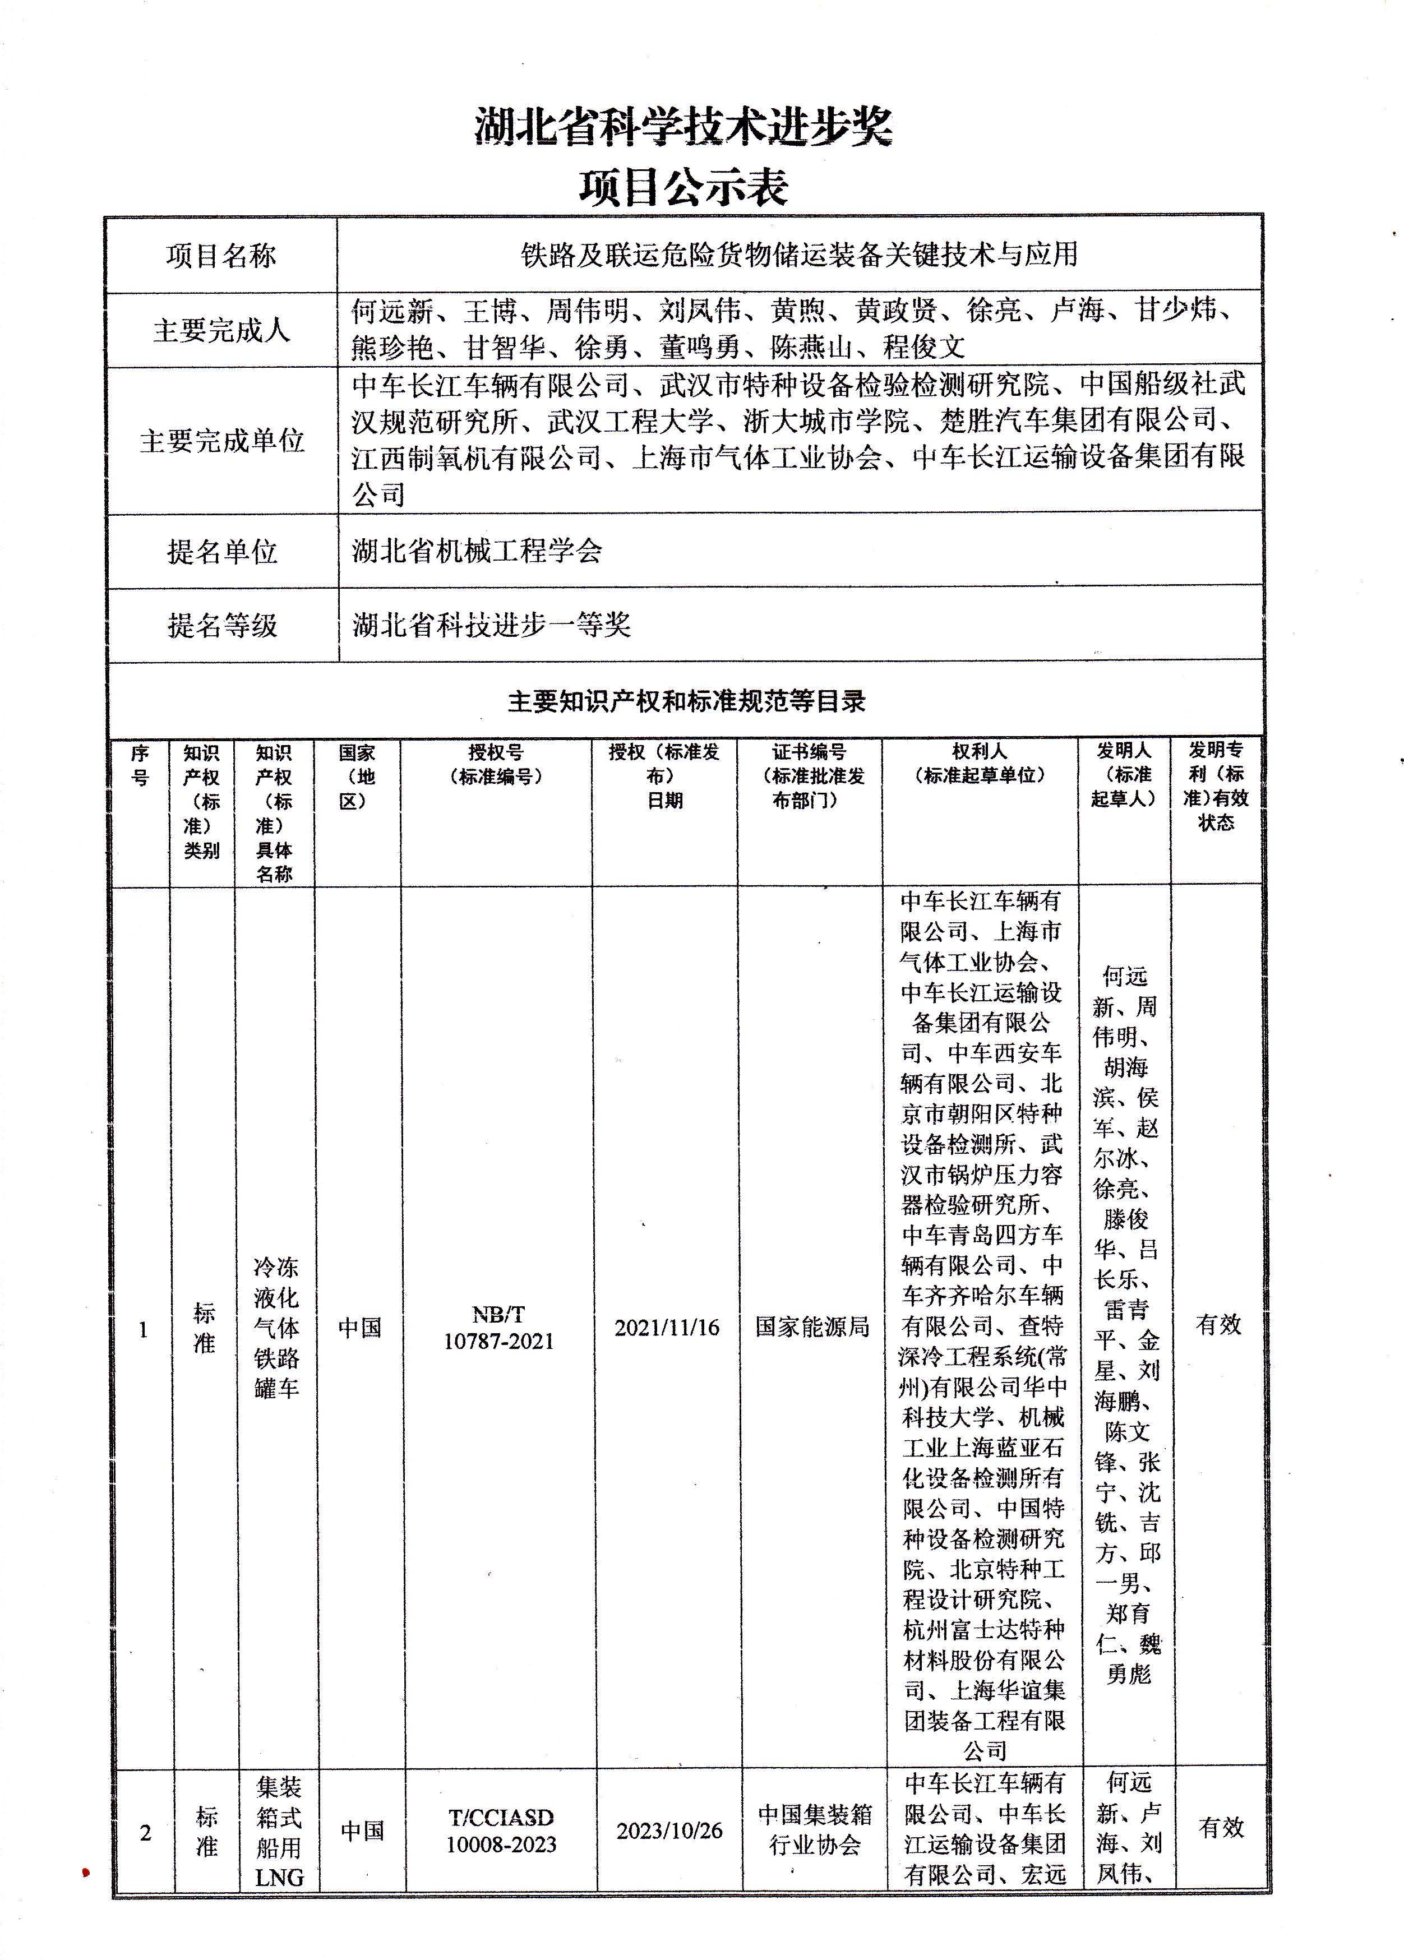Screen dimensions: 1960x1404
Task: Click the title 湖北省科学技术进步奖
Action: coord(683,128)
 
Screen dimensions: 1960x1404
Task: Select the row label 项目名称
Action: coord(221,255)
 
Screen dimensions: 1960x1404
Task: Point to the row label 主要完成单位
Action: coord(221,441)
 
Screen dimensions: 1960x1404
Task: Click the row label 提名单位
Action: coord(221,551)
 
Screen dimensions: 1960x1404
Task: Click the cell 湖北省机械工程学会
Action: coord(477,551)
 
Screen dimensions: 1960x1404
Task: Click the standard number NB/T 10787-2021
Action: coord(498,1328)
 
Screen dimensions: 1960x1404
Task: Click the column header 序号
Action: coord(139,765)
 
